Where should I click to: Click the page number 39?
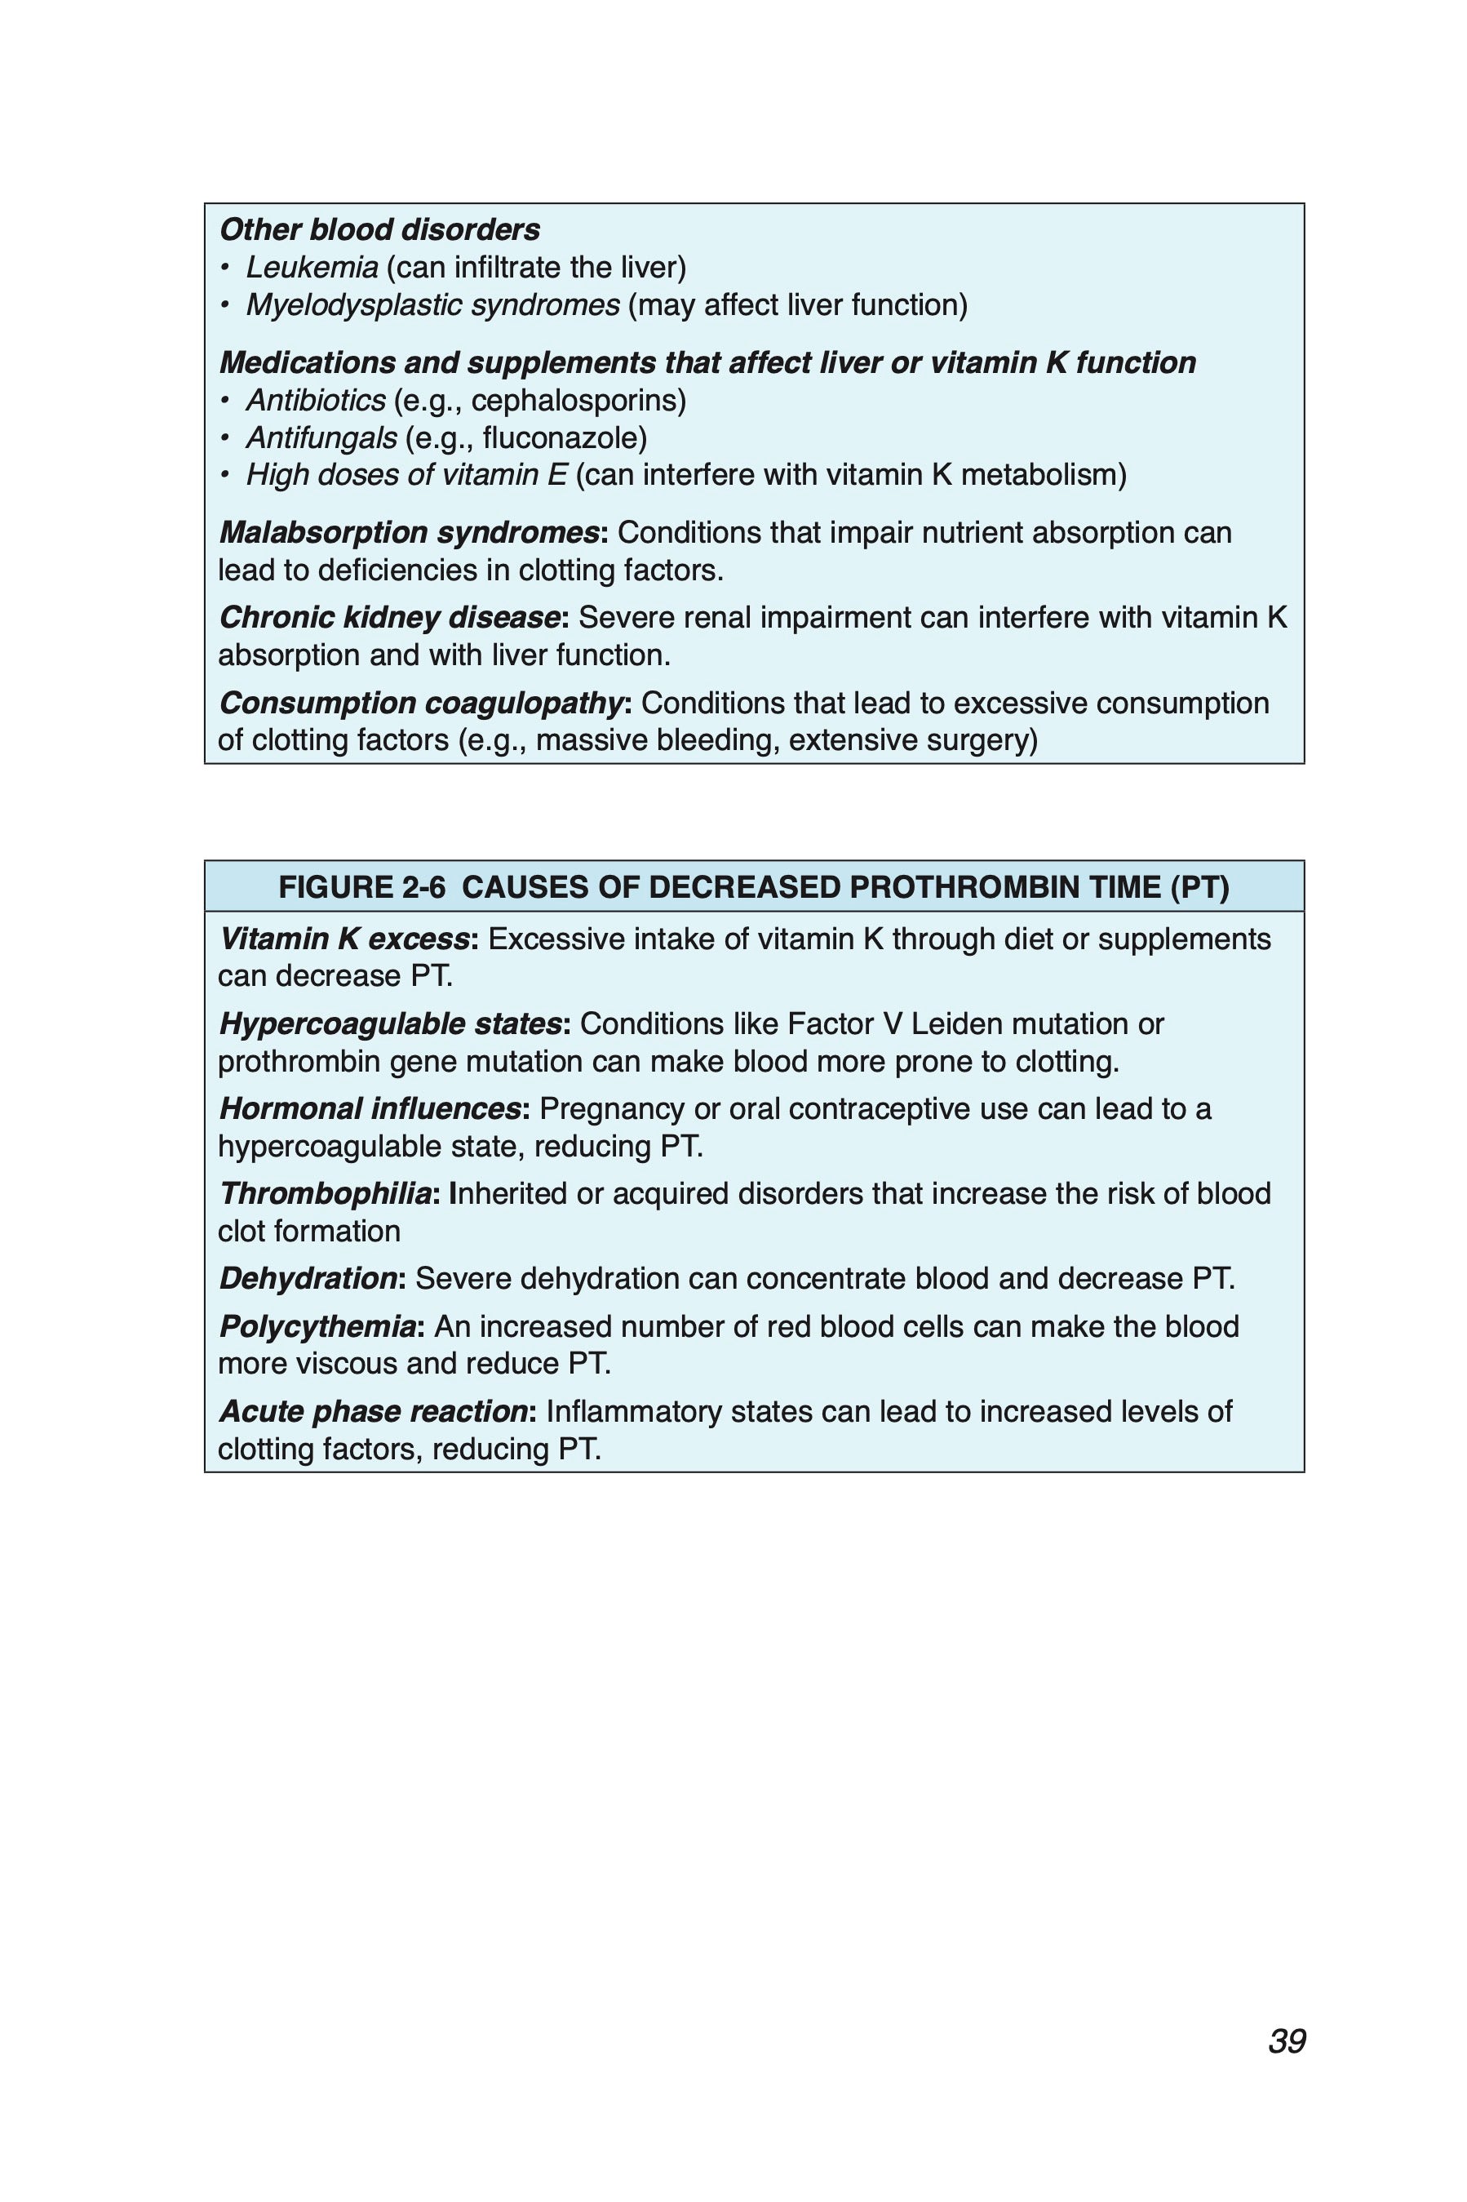point(1287,2041)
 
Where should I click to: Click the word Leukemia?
point(312,268)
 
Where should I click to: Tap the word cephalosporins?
point(578,401)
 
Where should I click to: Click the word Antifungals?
point(321,438)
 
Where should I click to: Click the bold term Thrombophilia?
point(326,1194)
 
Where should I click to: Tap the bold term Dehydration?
point(308,1278)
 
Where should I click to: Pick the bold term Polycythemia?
point(318,1326)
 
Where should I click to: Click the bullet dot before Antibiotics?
point(224,402)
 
